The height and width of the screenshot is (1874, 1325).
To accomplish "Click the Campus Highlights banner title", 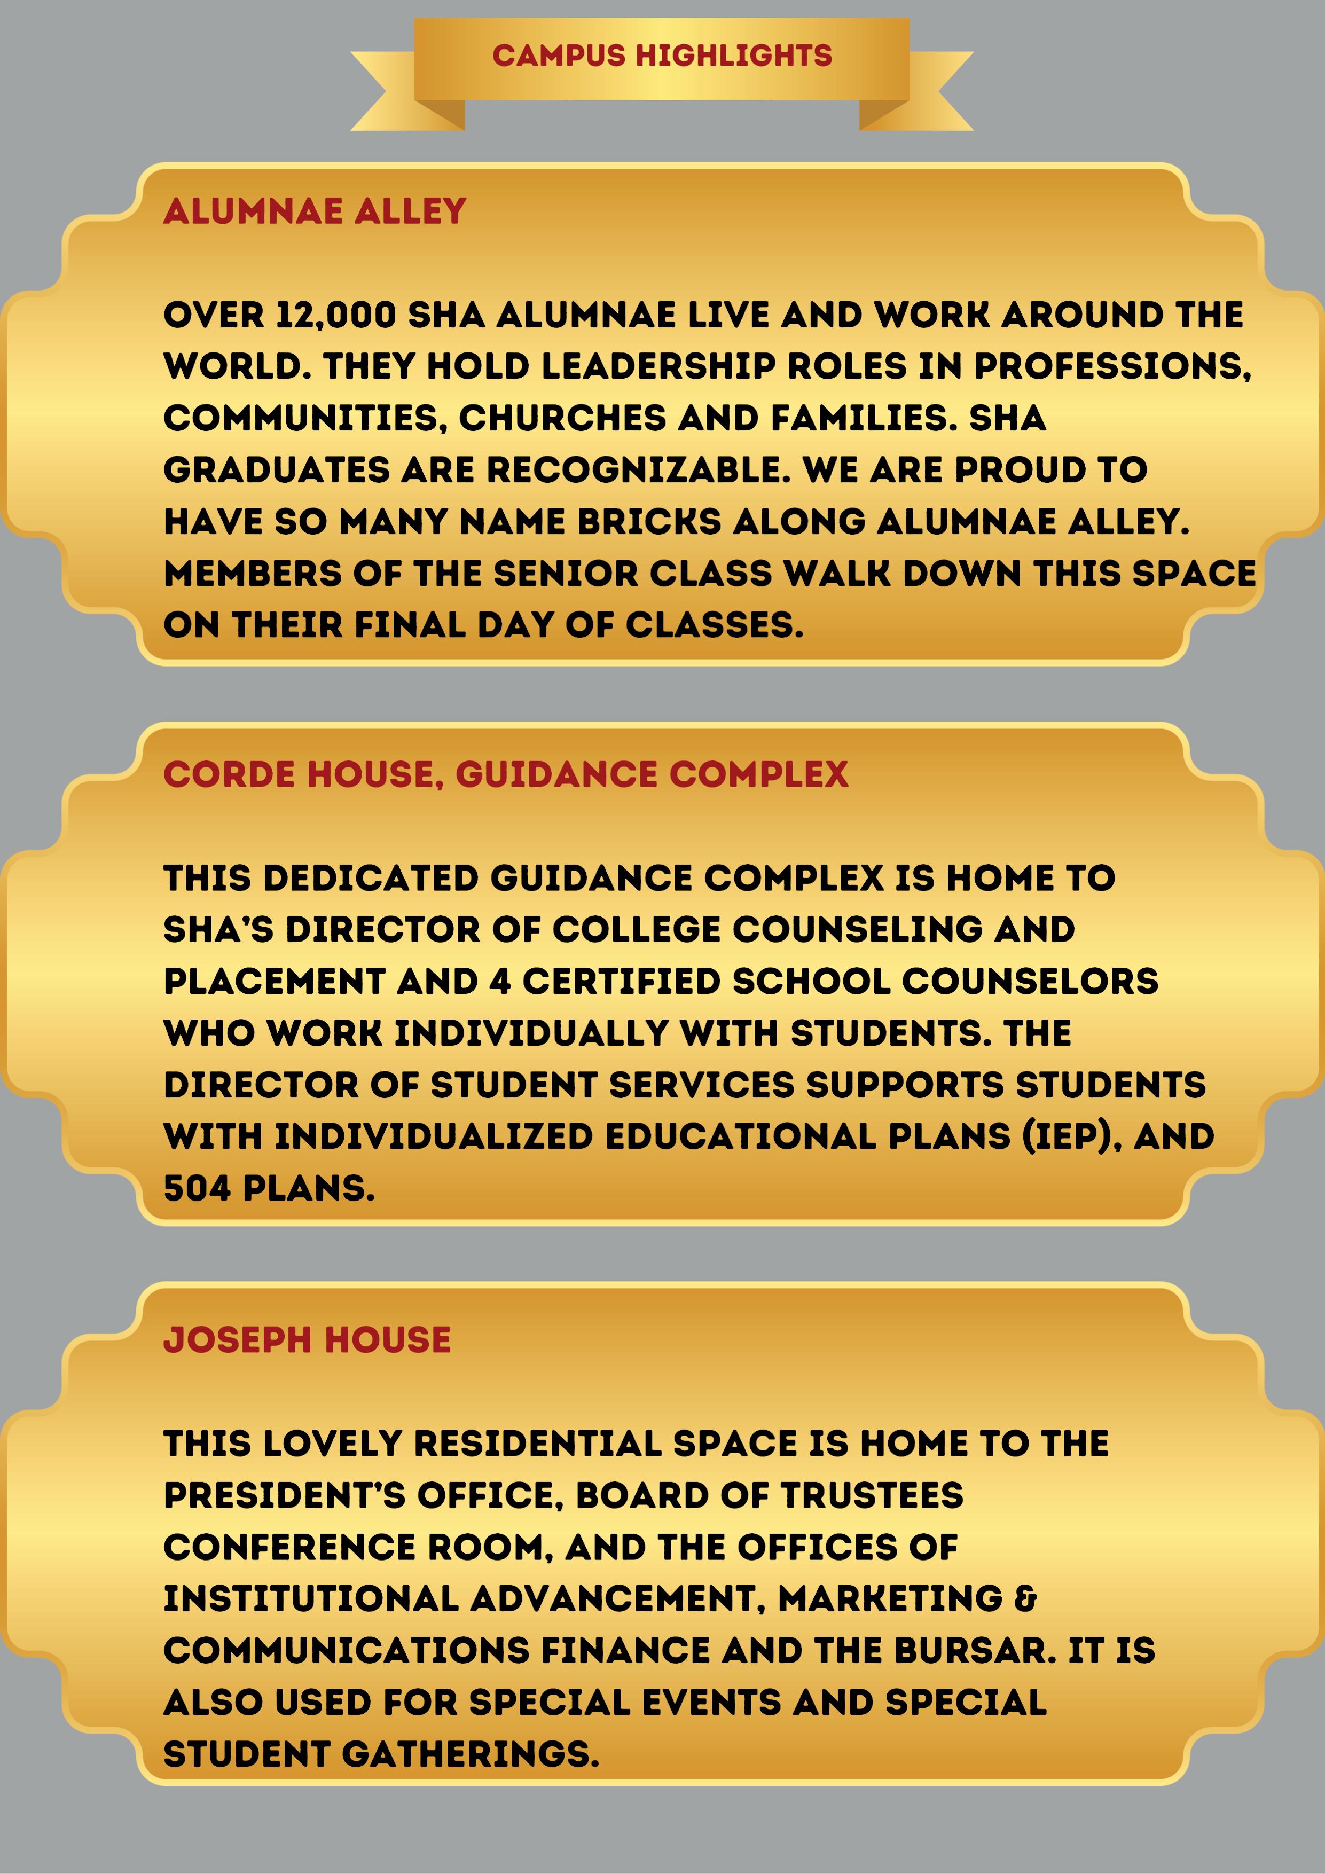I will [x=662, y=56].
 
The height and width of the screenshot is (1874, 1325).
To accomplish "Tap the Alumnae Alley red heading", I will [x=315, y=211].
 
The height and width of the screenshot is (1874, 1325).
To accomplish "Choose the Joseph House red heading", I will [x=307, y=1340].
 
